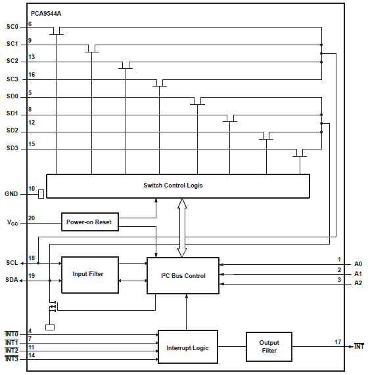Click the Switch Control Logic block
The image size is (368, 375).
[x=177, y=186]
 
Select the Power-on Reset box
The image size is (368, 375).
[x=89, y=222]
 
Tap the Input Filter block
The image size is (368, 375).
[x=89, y=274]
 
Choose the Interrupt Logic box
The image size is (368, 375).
[x=187, y=347]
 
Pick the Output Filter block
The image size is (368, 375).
[x=269, y=347]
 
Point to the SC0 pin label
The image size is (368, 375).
[x=12, y=28]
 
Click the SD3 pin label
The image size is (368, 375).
[x=12, y=148]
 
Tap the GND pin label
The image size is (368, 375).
[x=12, y=193]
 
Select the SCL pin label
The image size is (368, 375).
[x=12, y=263]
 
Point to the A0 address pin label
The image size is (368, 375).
[x=357, y=264]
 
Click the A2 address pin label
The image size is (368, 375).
[x=357, y=283]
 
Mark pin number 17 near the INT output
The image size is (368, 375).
[x=337, y=342]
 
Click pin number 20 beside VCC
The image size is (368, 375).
[x=32, y=218]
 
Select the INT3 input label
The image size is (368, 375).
[x=11, y=359]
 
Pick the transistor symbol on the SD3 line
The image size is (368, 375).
[x=300, y=154]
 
